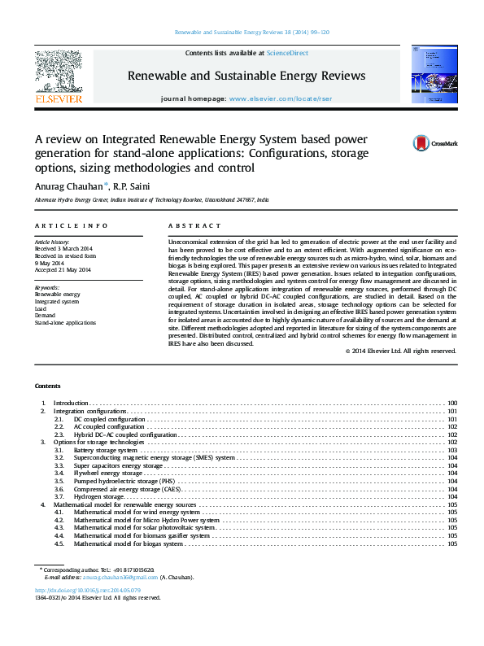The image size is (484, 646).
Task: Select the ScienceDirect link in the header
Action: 284,53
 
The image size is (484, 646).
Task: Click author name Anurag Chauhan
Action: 76,186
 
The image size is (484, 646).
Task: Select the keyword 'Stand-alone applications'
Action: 64,323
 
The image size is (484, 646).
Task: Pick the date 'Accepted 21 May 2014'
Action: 63,269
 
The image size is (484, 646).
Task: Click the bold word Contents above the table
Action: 48,385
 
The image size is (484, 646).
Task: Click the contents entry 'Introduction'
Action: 70,403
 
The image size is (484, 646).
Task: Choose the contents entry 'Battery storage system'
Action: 105,450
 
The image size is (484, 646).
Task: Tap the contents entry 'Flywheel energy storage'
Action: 108,473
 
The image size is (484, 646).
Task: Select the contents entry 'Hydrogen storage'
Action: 98,496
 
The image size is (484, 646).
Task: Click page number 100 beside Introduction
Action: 452,403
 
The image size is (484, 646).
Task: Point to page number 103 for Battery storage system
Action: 452,450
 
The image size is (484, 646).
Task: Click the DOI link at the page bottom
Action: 88,590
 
